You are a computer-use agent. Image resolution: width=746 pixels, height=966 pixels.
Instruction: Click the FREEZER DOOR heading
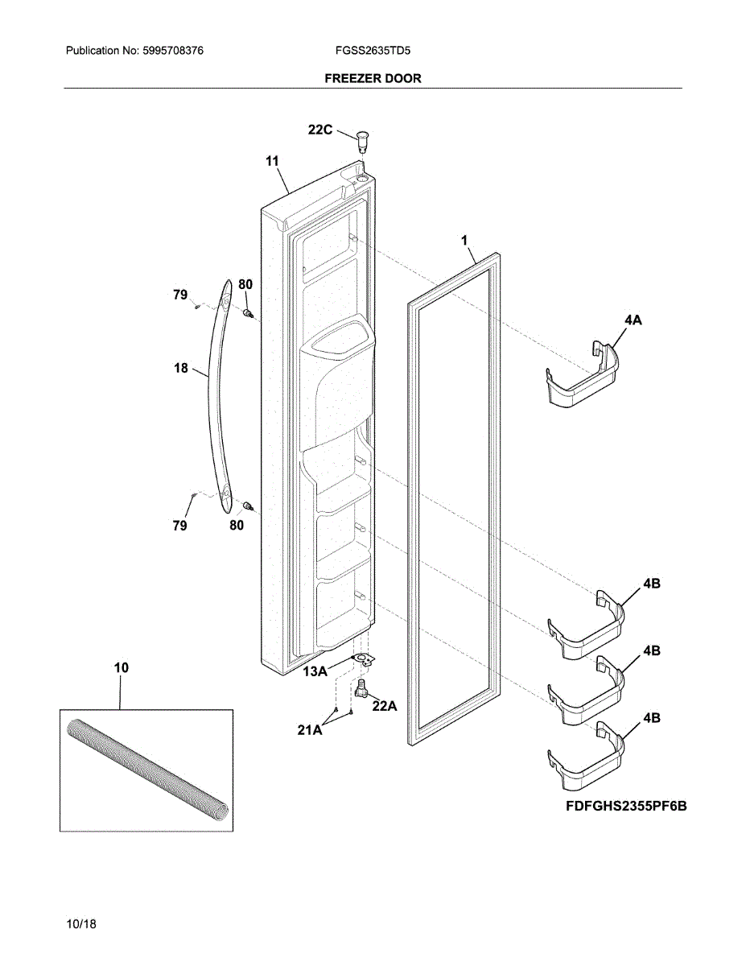(373, 78)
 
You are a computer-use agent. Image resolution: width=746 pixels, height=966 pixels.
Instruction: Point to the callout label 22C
(319, 130)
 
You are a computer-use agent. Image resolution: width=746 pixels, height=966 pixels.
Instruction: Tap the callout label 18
(180, 369)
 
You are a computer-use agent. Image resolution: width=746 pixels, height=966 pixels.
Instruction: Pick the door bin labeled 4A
(584, 375)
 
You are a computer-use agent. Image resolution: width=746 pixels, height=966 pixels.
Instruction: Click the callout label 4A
(633, 320)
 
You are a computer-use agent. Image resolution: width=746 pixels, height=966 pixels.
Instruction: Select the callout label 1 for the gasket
(464, 240)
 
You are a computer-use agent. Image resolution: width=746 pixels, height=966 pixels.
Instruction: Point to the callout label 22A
(385, 705)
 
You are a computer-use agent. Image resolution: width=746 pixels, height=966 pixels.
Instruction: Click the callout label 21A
(310, 730)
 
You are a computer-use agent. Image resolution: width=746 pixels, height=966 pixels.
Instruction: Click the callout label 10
(121, 667)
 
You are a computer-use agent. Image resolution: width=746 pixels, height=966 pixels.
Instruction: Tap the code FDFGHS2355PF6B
(626, 807)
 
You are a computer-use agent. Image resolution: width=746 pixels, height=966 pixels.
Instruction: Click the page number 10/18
(82, 924)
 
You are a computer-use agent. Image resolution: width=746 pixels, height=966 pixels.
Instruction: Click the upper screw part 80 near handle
(249, 312)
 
